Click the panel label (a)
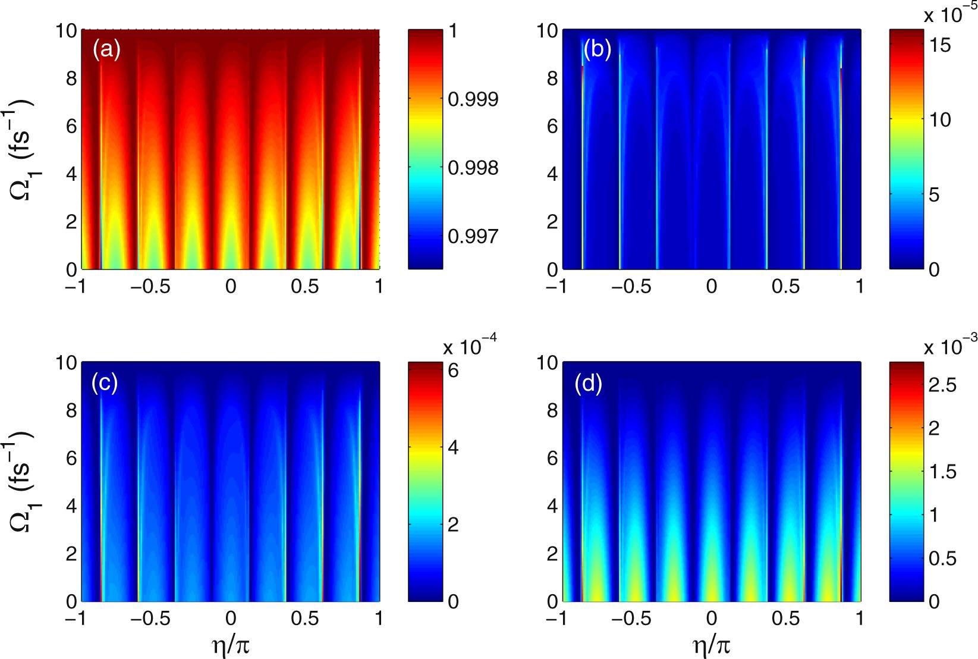[106, 50]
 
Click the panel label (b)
[597, 50]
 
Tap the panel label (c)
[105, 383]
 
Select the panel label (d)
[588, 384]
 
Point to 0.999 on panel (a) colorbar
[473, 99]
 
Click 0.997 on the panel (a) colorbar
[473, 237]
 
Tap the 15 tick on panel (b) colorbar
[940, 45]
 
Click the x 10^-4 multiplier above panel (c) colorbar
[470, 346]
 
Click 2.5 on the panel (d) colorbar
[942, 385]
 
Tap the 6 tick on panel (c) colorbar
[453, 371]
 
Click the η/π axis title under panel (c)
[230, 645]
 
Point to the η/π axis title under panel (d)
[712, 645]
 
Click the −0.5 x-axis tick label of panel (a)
[150, 287]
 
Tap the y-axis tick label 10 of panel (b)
[547, 31]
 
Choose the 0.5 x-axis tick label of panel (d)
[785, 619]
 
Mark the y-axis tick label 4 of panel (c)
[71, 506]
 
